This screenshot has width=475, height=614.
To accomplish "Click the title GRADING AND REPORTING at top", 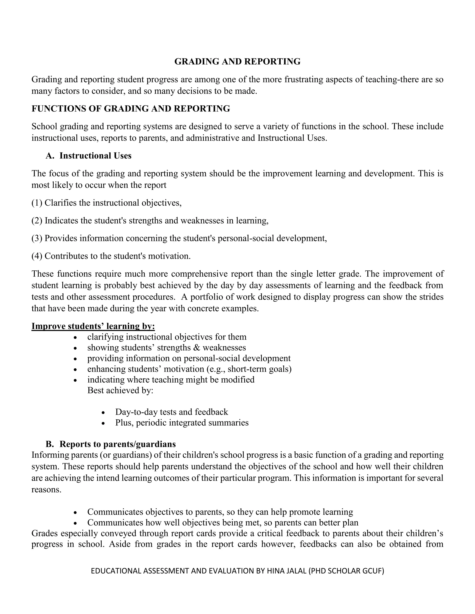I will [x=237, y=62].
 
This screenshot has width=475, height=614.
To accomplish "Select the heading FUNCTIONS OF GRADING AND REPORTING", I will [x=131, y=108].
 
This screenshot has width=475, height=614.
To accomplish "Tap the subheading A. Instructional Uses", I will [x=89, y=156].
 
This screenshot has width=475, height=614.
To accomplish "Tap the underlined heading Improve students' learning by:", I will [x=93, y=326].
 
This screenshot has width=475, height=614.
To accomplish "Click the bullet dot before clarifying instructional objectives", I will [x=75, y=337].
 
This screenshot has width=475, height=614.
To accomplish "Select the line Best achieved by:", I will [x=120, y=390].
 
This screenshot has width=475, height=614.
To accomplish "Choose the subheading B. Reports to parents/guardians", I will [x=111, y=444].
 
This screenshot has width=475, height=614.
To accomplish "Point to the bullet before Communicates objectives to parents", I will [x=75, y=512].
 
